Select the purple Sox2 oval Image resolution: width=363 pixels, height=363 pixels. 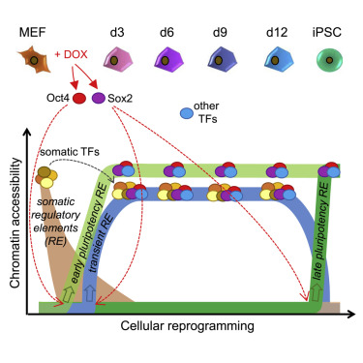[100, 99]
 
